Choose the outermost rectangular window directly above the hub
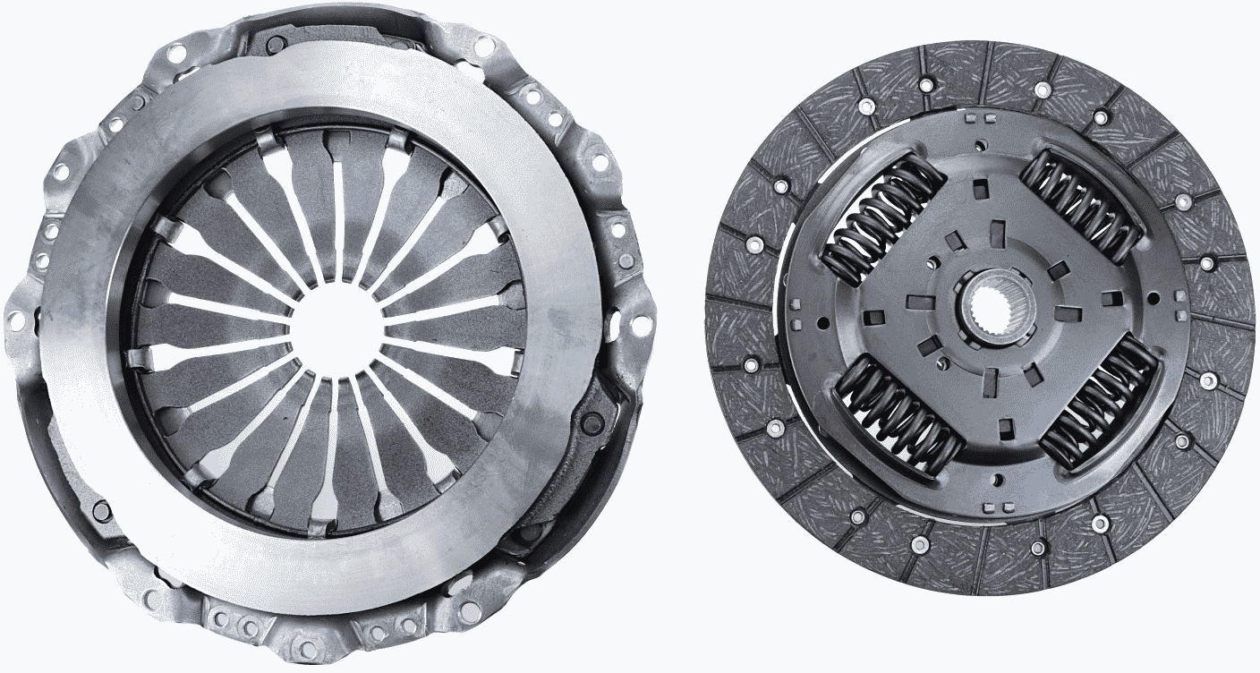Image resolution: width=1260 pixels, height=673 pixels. (x=979, y=188)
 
